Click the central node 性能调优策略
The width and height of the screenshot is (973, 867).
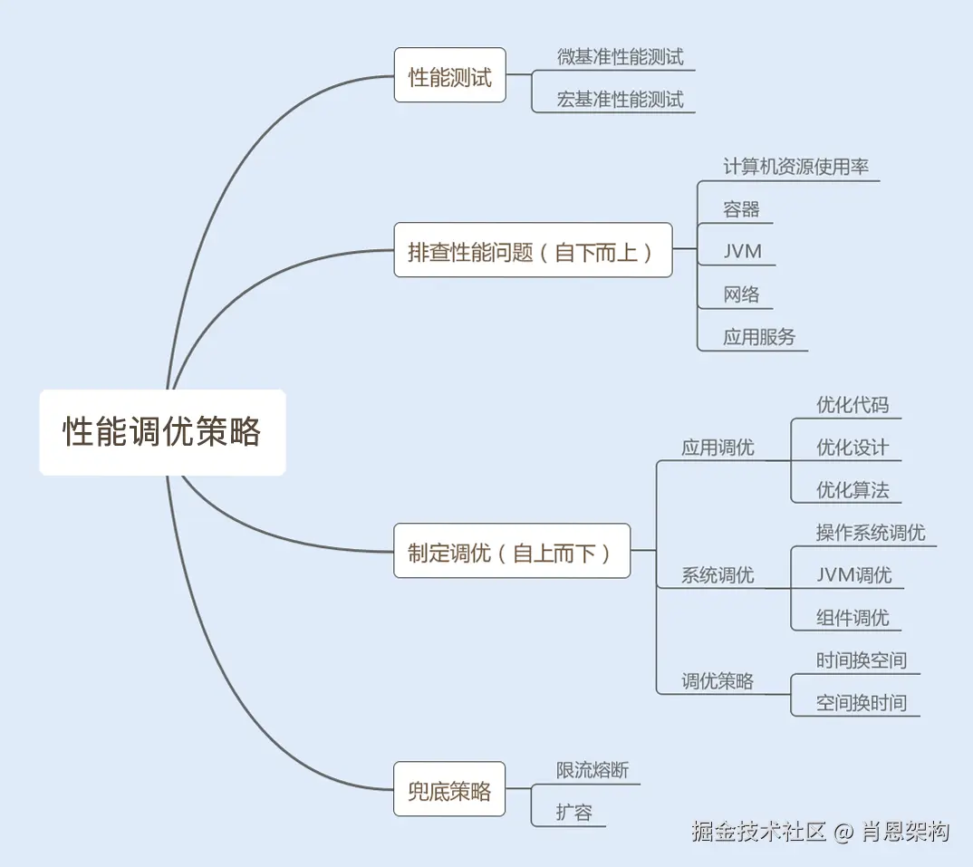coord(162,432)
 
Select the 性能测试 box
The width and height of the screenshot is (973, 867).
coord(449,76)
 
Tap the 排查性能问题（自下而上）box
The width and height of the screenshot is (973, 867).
coord(533,251)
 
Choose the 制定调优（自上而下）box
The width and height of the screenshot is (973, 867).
coord(511,552)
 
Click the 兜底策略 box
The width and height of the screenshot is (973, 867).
coord(449,790)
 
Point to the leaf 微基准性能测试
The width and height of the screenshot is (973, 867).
coord(620,56)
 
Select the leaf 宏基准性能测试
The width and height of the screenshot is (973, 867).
coord(620,99)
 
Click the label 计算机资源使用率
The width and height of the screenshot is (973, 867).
coord(795,167)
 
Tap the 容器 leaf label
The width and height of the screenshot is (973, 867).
coord(741,209)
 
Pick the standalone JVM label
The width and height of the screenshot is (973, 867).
coord(742,251)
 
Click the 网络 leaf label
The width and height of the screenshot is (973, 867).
coord(741,294)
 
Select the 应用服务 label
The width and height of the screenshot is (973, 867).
coord(758,336)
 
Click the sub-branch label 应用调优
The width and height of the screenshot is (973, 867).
coord(717,447)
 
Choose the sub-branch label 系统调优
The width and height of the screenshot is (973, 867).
coord(717,574)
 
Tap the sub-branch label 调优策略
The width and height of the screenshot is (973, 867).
coord(717,681)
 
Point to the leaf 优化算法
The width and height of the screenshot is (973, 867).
coord(852,489)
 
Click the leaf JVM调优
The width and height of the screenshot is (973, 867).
coord(853,574)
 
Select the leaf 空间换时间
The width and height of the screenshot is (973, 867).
coord(861,702)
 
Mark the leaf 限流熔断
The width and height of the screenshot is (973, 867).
coord(592,770)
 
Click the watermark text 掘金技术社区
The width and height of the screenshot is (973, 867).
coord(758,831)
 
